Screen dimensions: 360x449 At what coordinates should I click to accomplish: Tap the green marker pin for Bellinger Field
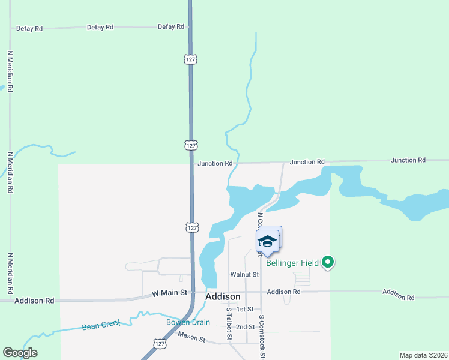(x=328, y=262)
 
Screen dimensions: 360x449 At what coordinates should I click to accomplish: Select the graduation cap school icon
(x=267, y=241)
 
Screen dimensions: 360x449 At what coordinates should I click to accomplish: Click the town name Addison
(x=223, y=296)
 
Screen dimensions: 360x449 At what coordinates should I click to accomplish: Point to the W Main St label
(x=170, y=293)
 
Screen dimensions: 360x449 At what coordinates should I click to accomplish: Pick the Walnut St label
(x=244, y=275)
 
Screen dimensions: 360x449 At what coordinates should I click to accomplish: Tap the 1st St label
(x=245, y=309)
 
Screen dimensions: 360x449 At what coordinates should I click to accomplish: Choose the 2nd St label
(x=245, y=327)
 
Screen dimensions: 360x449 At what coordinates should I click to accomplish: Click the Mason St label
(x=192, y=340)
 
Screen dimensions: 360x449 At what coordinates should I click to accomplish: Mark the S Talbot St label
(x=229, y=324)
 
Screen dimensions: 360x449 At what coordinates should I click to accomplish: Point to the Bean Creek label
(x=101, y=326)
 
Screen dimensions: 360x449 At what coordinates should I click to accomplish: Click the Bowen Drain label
(x=188, y=322)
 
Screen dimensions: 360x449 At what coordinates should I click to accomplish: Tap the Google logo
(x=20, y=352)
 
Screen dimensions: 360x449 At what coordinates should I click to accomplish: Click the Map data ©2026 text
(x=423, y=355)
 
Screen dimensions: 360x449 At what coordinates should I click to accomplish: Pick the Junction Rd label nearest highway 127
(x=215, y=163)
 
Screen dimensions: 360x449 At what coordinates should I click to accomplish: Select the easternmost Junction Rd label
(x=408, y=160)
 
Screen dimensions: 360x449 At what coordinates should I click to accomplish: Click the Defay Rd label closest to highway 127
(x=170, y=26)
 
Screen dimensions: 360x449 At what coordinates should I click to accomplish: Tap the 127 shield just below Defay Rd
(x=190, y=59)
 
